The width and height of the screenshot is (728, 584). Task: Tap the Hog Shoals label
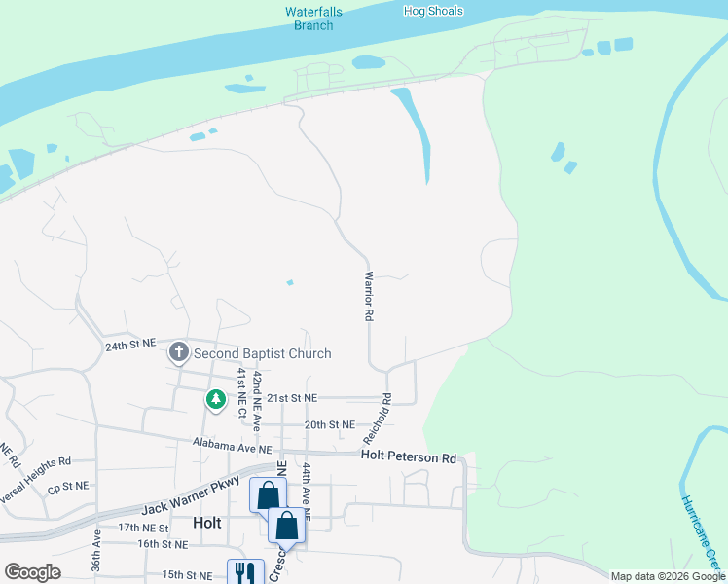tap(433, 12)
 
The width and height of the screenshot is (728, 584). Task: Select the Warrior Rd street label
tap(369, 296)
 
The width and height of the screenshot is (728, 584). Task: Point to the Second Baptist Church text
tap(262, 353)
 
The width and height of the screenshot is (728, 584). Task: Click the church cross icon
tap(178, 352)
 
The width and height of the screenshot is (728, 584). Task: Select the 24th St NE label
tap(129, 345)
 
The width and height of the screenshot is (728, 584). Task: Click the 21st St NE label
tap(292, 398)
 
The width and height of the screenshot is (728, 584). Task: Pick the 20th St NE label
tap(329, 424)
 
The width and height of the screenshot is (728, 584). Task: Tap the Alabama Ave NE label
tap(232, 449)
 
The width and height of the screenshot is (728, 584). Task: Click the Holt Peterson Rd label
tap(409, 456)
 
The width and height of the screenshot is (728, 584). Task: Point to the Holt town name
tap(207, 523)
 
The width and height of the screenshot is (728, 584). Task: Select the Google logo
tap(32, 572)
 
